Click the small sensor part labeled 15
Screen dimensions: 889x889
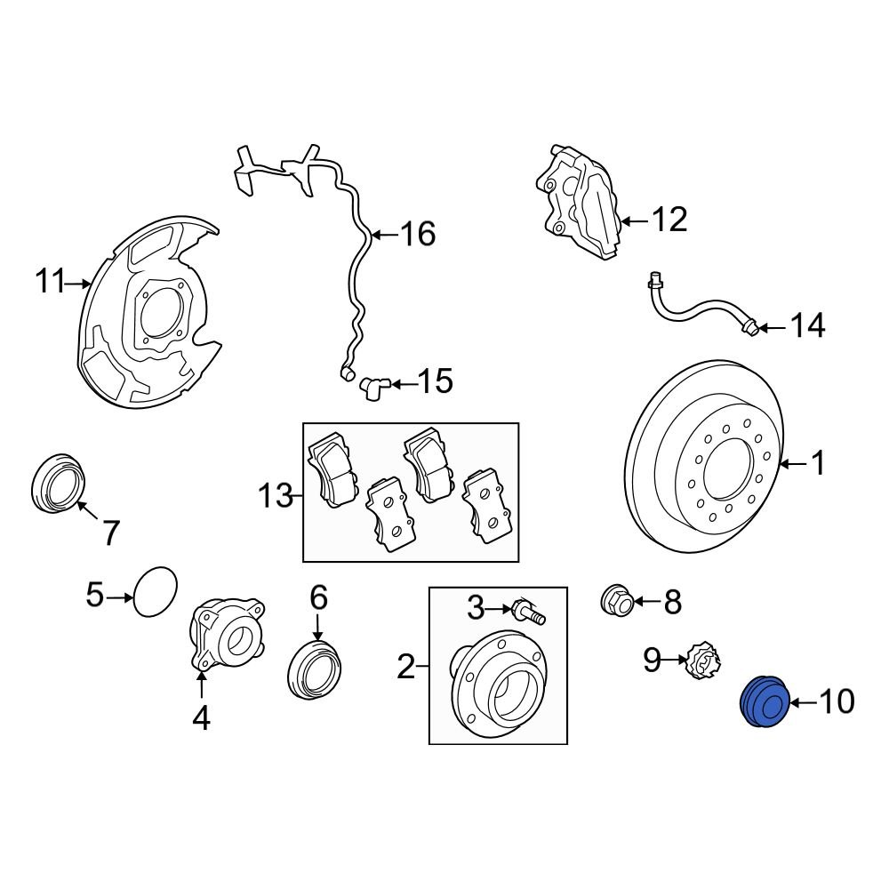tap(372, 385)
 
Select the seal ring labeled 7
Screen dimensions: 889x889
tap(60, 483)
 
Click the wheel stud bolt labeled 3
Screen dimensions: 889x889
tap(527, 612)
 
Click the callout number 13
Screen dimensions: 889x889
tap(276, 495)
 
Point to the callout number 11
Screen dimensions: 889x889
tap(51, 283)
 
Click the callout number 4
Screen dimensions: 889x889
tap(202, 717)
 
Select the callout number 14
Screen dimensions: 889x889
tap(808, 326)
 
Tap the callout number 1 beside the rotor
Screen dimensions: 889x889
tap(817, 463)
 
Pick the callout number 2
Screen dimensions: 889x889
tap(406, 666)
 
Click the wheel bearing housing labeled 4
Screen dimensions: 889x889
tap(227, 637)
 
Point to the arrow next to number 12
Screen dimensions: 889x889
tap(632, 220)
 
